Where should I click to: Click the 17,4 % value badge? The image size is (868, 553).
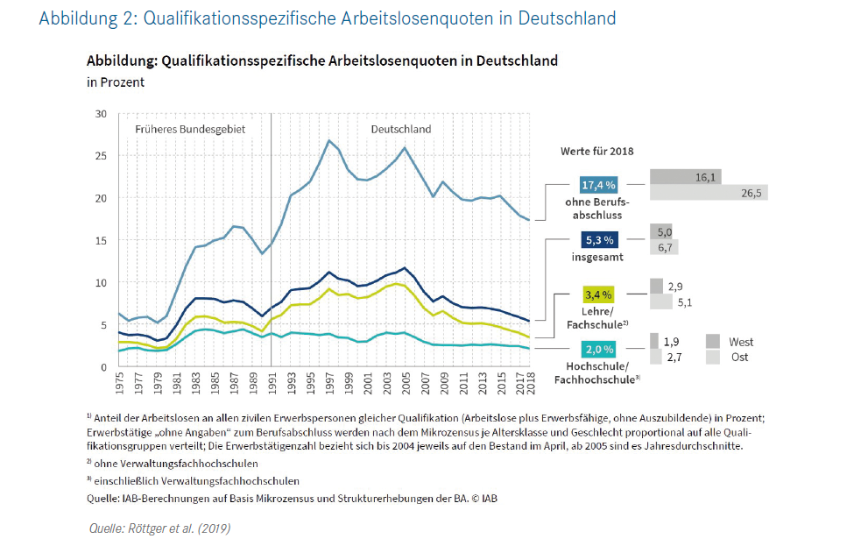pyautogui.click(x=600, y=186)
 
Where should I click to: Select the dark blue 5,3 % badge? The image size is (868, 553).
pyautogui.click(x=600, y=239)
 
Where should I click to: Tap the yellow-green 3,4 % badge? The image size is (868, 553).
pyautogui.click(x=600, y=294)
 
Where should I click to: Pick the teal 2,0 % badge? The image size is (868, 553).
pyautogui.click(x=600, y=348)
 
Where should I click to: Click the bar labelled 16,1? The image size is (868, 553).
pyautogui.click(x=685, y=177)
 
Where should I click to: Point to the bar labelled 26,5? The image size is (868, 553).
pyautogui.click(x=709, y=193)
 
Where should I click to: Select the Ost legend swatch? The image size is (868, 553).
pyautogui.click(x=713, y=358)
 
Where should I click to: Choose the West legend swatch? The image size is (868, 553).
pyautogui.click(x=713, y=342)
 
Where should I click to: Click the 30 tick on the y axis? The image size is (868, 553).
pyautogui.click(x=100, y=114)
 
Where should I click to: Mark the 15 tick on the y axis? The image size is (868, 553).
pyautogui.click(x=100, y=240)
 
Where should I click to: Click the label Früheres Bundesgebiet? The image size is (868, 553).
pyautogui.click(x=190, y=129)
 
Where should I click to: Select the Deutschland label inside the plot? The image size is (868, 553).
pyautogui.click(x=401, y=129)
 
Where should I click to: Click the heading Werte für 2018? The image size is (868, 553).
pyautogui.click(x=596, y=151)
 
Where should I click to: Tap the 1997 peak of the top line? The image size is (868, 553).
pyautogui.click(x=328, y=140)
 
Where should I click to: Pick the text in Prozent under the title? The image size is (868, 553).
pyautogui.click(x=116, y=82)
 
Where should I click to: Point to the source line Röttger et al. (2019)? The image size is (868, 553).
pyautogui.click(x=160, y=528)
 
